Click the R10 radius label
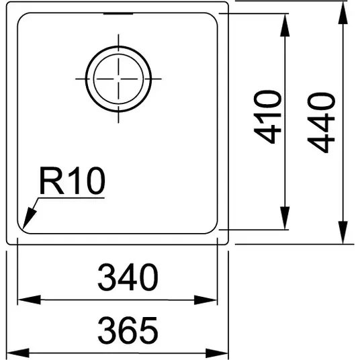click(73, 181)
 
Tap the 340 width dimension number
click(128, 277)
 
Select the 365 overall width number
click(128, 330)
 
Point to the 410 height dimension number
click(267, 117)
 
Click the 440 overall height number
click(321, 122)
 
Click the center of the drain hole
click(118, 79)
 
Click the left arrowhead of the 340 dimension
click(29, 300)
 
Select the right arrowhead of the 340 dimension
click(206, 300)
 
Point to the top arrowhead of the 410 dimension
click(285, 26)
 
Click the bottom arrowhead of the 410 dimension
click(285, 218)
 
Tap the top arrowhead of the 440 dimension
click(343, 13)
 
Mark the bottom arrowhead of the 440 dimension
click(343, 232)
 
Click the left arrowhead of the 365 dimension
click(18, 353)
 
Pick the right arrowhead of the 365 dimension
click(217, 353)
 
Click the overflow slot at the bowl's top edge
click(118, 14)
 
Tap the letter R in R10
click(52, 181)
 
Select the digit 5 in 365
click(148, 330)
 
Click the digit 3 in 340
click(107, 277)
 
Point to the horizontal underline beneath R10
click(71, 198)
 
